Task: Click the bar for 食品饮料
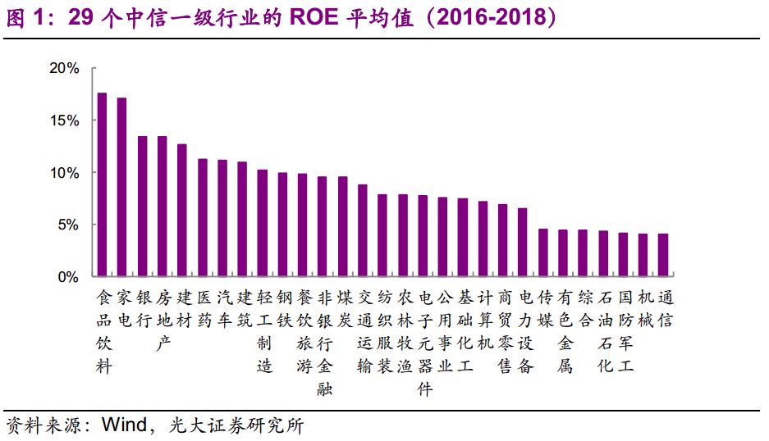tap(103, 185)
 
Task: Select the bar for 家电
tap(122, 188)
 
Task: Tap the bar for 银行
tap(143, 207)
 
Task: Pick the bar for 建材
tap(182, 211)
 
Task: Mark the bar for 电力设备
tap(523, 243)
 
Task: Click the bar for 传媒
tap(543, 253)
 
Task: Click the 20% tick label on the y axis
tap(63, 69)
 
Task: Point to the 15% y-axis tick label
tap(63, 120)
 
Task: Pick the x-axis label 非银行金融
tap(323, 343)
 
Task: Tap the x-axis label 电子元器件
tap(423, 343)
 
